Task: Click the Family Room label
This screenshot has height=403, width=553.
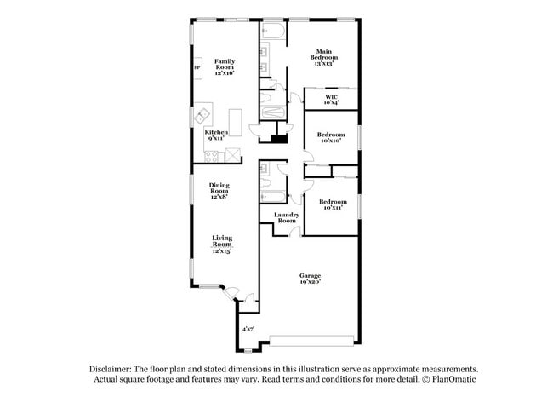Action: pyautogui.click(x=225, y=67)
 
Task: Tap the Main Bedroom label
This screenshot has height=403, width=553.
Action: pyautogui.click(x=324, y=58)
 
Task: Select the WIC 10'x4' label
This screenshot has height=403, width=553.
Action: pyautogui.click(x=331, y=100)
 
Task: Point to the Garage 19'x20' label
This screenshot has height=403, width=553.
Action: pyautogui.click(x=310, y=279)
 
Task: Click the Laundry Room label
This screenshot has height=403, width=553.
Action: pyautogui.click(x=287, y=217)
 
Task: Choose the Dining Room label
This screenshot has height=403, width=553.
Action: pyautogui.click(x=219, y=191)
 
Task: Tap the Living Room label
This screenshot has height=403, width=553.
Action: pyautogui.click(x=222, y=244)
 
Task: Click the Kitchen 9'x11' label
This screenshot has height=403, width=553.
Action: pyautogui.click(x=216, y=135)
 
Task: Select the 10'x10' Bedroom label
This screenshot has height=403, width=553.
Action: pyautogui.click(x=331, y=137)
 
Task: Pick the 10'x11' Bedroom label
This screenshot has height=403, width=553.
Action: pyautogui.click(x=333, y=204)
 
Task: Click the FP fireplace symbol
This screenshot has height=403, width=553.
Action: pyautogui.click(x=197, y=68)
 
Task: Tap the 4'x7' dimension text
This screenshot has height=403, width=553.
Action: pyautogui.click(x=248, y=329)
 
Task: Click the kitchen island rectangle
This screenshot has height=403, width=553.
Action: pyautogui.click(x=236, y=123)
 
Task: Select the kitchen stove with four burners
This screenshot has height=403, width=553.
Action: pyautogui.click(x=211, y=157)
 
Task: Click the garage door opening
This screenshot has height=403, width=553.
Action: pyautogui.click(x=311, y=341)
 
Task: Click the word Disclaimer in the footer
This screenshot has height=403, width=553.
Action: pyautogui.click(x=111, y=370)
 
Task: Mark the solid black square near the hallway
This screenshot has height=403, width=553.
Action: pyautogui.click(x=278, y=139)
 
